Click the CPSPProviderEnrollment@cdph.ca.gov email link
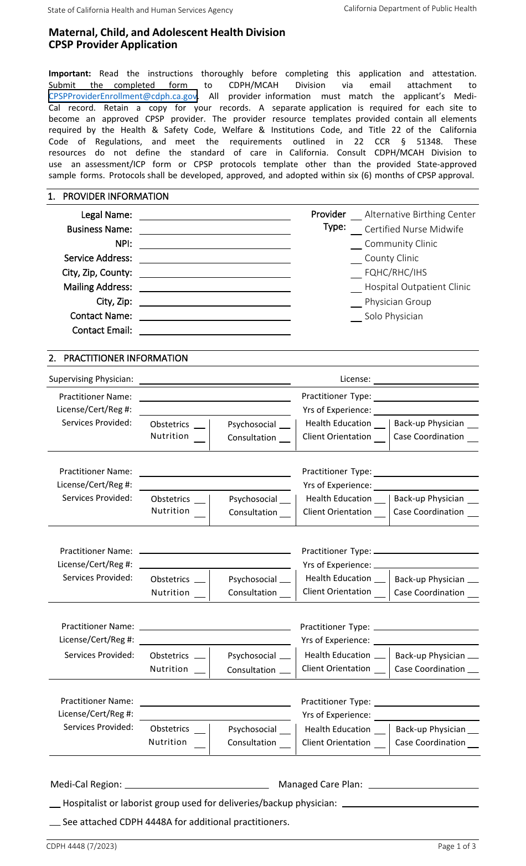coord(122,96)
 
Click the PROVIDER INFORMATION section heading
coord(116,196)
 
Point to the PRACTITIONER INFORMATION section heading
coord(126,358)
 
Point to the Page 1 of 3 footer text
coord(457,846)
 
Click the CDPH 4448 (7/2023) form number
coord(81,846)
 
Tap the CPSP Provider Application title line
coord(113,45)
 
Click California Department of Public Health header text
coord(410,8)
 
